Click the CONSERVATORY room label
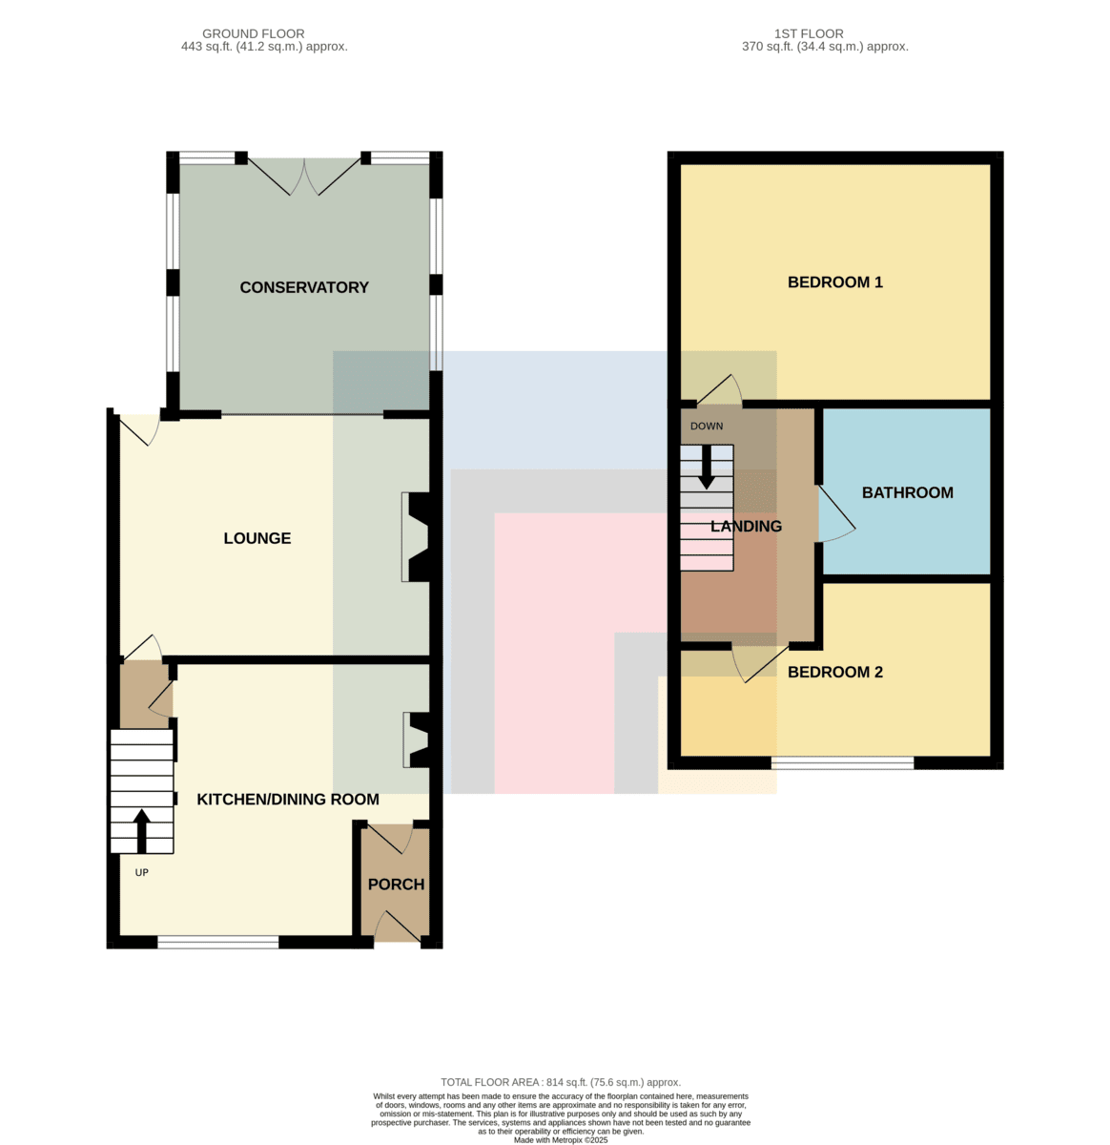(304, 287)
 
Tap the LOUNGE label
(257, 538)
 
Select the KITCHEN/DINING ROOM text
(287, 799)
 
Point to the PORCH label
(396, 884)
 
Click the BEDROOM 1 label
(834, 281)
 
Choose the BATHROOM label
(907, 492)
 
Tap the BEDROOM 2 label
(834, 672)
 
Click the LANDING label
(746, 526)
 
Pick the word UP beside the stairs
(142, 872)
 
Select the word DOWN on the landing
(706, 426)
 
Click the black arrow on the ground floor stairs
(141, 831)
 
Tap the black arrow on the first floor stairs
(706, 468)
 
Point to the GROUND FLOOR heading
(254, 33)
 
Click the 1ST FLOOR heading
(809, 33)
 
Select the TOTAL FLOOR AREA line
(561, 1082)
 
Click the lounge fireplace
(419, 537)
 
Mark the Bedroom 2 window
(842, 763)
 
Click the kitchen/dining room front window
(217, 942)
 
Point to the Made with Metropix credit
(561, 1140)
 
